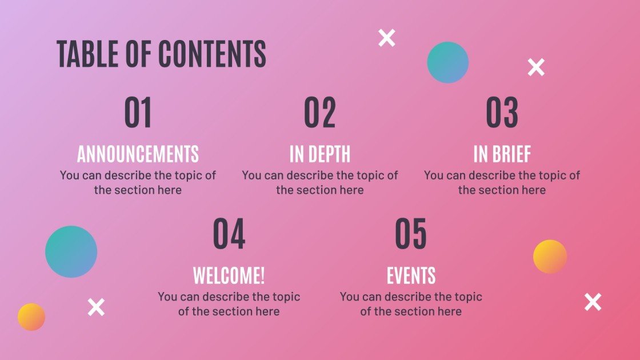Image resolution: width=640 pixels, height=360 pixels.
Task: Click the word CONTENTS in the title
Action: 212,54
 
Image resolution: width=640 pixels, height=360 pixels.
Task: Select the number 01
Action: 138,113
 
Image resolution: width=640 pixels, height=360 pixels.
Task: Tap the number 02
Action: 320,113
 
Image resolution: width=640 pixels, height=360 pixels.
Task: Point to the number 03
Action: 502,113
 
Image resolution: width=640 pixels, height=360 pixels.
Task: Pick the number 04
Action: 229,234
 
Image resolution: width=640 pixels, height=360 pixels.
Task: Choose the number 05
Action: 411,234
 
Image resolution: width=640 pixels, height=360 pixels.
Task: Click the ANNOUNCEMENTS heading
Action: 138,154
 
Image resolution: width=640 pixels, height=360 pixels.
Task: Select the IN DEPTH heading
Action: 320,154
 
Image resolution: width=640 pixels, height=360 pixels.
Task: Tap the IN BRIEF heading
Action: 502,154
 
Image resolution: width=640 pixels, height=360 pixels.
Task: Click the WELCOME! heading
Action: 229,275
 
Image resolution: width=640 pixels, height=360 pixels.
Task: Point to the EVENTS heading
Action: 411,275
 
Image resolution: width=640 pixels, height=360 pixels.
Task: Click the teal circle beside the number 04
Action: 71,252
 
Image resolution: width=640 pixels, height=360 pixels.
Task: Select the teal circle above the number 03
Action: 448,62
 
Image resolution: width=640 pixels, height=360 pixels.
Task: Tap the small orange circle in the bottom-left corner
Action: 31,317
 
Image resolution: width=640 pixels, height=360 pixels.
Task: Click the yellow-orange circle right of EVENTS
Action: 550,257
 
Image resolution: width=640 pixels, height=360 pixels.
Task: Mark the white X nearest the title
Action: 387,38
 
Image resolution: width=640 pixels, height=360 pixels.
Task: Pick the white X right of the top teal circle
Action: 536,67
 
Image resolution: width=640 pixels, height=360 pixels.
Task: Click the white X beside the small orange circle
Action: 97,307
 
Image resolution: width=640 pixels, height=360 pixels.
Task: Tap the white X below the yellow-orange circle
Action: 593,302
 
